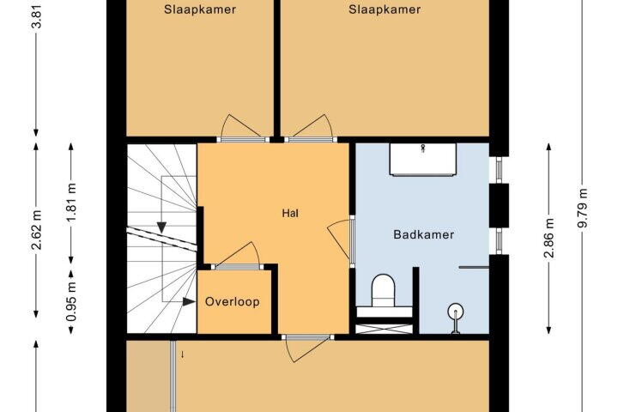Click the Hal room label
click(x=290, y=213)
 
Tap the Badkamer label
click(x=424, y=234)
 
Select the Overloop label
click(x=232, y=302)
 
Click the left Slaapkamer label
click(x=200, y=9)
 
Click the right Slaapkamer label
click(x=385, y=9)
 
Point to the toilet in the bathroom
click(x=383, y=291)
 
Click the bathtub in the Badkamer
click(x=423, y=160)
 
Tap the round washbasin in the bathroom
click(x=456, y=312)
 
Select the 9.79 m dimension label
click(x=583, y=208)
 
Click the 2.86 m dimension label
click(x=549, y=238)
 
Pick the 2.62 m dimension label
click(x=37, y=230)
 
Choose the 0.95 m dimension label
click(x=71, y=301)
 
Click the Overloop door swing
click(x=238, y=254)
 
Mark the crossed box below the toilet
click(x=385, y=329)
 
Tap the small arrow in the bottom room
click(x=182, y=354)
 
